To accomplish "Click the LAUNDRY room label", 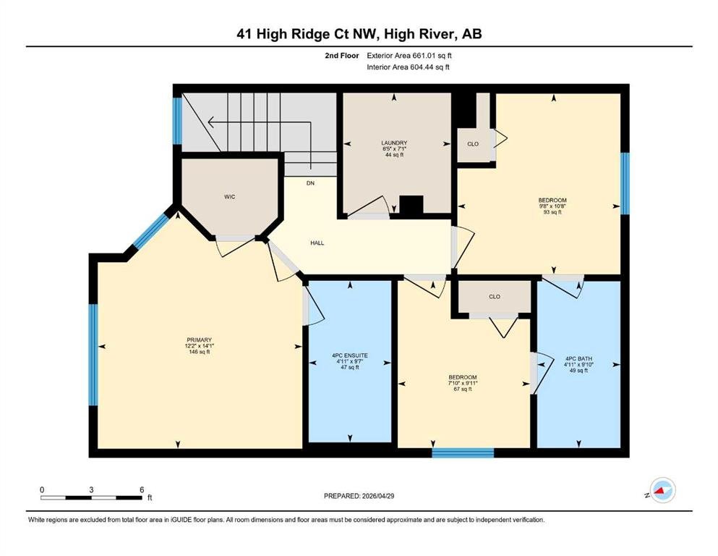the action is coord(394,143).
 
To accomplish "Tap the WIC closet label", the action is coord(229,197).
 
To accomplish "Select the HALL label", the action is coord(317,243).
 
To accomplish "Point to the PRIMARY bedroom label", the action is coord(199,340).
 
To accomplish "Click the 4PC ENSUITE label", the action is coord(350,355).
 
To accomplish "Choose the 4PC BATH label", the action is coord(578,359).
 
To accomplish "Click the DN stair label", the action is coord(310,183).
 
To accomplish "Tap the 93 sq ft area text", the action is coord(552,212).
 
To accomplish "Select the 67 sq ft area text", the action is coord(463,389).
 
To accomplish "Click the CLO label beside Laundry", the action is coord(473,144).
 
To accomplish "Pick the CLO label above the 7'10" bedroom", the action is coord(495,297).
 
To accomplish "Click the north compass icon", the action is coord(662,490).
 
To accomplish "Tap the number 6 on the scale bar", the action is coord(142,489).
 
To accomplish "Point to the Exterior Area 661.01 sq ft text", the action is coord(409,56).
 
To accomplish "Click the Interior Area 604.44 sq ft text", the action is coord(408,67).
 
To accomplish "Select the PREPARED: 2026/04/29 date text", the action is coord(359,496).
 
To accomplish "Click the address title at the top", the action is coord(359,34).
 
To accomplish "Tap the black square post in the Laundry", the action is coord(411,205).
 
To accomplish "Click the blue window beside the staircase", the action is coord(177,121).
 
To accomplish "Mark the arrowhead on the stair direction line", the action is coord(211,122).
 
